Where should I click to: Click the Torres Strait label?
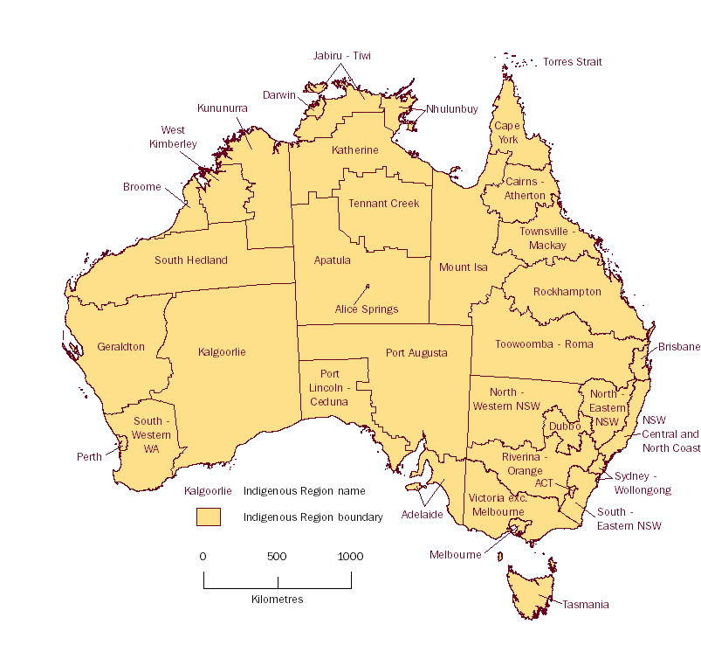(x=573, y=62)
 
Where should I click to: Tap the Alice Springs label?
(x=367, y=309)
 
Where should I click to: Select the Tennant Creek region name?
(x=384, y=204)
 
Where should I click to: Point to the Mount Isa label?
(x=464, y=267)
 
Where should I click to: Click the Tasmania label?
(x=585, y=605)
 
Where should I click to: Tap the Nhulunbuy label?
(x=452, y=109)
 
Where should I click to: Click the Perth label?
(x=89, y=456)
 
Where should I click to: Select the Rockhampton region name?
(x=567, y=292)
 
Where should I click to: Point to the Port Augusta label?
(x=416, y=353)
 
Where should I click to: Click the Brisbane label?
(x=679, y=347)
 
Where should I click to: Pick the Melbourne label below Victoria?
(x=455, y=555)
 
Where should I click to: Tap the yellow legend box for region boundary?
(x=208, y=517)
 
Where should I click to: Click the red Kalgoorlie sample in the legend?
(x=209, y=491)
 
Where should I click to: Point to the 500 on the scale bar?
(x=277, y=557)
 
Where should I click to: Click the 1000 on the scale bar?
(x=350, y=557)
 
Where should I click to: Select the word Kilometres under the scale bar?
(x=277, y=600)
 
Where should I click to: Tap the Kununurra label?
(x=223, y=108)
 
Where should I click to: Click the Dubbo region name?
(x=565, y=427)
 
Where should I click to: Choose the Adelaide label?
(x=423, y=515)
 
